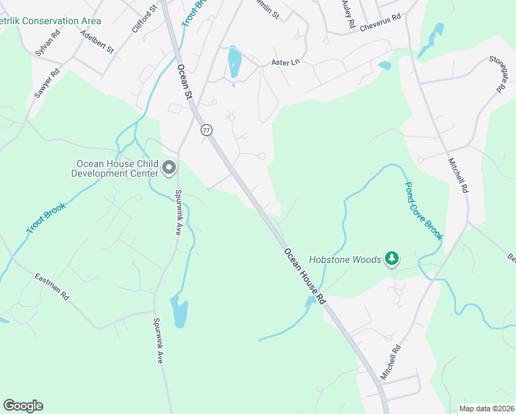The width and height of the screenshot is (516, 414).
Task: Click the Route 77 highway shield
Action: [x=206, y=130]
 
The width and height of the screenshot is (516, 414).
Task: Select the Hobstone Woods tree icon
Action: [x=392, y=259]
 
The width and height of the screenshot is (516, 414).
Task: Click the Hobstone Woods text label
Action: [x=345, y=259]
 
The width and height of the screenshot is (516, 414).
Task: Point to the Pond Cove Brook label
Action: [x=423, y=211]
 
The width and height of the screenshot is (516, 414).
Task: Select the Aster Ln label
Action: [x=286, y=62]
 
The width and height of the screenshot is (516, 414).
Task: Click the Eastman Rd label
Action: [x=52, y=286]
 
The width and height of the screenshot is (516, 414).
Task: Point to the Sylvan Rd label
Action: [x=46, y=43]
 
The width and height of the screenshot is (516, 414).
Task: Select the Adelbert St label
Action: [x=97, y=41]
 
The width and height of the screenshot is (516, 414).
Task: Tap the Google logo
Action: [x=23, y=406]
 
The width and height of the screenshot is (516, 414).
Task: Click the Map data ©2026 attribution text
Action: [x=486, y=408]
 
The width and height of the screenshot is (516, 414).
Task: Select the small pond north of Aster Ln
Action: [x=235, y=62]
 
